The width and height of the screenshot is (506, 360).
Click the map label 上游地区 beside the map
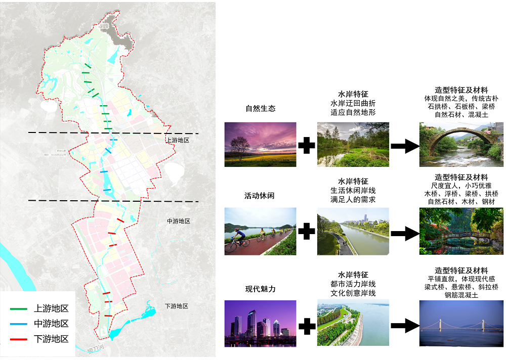(177, 140)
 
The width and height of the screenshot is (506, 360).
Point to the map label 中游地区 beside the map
(178, 221)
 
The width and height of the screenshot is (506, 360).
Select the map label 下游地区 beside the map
(177, 306)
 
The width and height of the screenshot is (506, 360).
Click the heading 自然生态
(260, 109)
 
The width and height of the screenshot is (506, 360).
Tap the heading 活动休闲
(260, 196)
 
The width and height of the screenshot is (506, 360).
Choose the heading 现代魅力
(260, 289)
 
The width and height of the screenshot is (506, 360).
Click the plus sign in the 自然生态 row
(307, 146)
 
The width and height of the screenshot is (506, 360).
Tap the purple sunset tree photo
(260, 144)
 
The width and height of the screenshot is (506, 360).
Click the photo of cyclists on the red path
(260, 231)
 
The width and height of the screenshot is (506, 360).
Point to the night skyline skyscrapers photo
(260, 323)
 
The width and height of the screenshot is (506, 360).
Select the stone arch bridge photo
(461, 145)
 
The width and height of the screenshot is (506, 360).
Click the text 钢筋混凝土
(461, 295)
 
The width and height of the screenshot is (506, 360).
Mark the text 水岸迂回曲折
(353, 103)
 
